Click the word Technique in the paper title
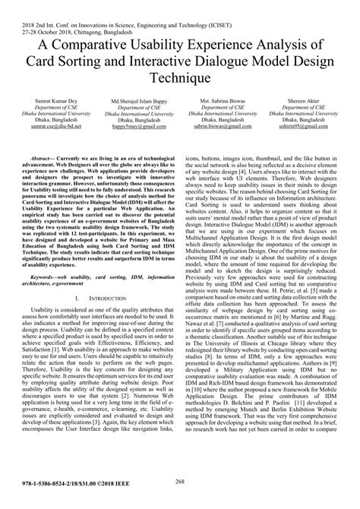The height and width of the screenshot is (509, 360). tap(179, 77)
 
